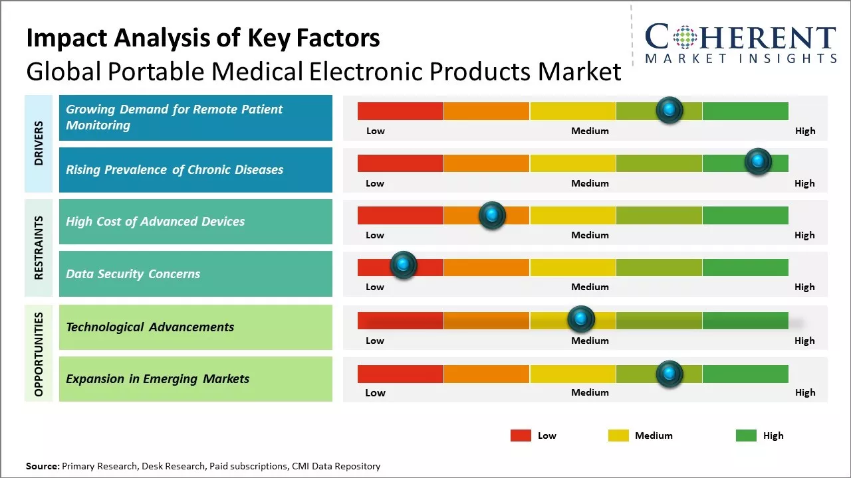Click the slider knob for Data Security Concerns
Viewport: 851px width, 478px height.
403,265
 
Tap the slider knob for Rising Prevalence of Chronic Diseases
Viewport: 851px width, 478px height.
757,161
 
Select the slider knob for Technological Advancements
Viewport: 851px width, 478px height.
581,319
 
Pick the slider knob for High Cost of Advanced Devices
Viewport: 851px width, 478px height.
492,214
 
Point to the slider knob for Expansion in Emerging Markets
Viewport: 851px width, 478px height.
669,374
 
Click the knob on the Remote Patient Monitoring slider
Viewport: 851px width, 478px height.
669,110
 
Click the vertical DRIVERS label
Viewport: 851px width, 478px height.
39,143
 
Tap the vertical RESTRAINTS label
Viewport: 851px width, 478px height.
39,248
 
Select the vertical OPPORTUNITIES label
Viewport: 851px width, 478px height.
39,353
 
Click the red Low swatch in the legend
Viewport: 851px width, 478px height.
521,436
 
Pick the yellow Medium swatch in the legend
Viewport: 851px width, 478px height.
618,436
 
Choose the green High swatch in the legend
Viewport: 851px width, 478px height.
746,436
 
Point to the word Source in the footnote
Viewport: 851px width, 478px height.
42,466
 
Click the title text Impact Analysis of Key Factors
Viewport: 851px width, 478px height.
203,38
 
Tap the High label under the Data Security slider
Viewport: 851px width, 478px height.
804,287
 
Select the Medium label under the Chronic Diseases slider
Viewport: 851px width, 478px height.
590,183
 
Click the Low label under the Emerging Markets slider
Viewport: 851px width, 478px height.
375,392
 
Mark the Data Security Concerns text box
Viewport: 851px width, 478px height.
195,274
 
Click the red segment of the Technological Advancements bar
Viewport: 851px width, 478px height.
400,321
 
